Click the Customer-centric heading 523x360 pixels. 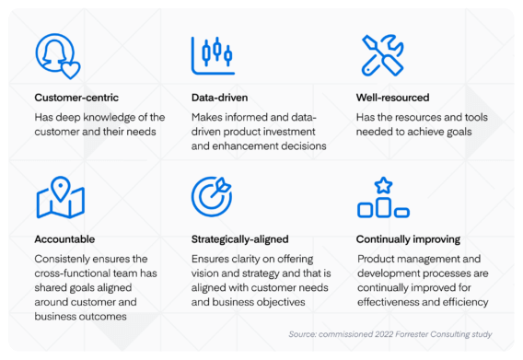[76, 97]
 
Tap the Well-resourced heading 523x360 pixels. [391, 97]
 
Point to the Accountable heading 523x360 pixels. [65, 238]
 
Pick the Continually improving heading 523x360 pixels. [408, 238]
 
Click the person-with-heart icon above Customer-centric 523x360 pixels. [57, 56]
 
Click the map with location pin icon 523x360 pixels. [61, 197]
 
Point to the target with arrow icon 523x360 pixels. [212, 196]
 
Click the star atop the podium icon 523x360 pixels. [383, 185]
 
